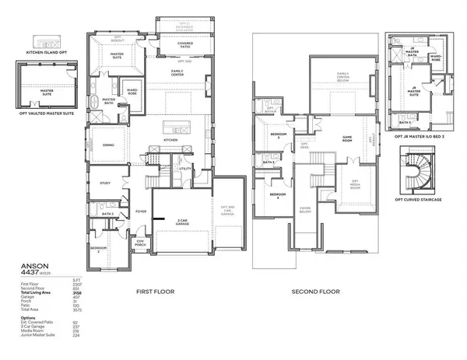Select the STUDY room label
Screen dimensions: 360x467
coord(106,183)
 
